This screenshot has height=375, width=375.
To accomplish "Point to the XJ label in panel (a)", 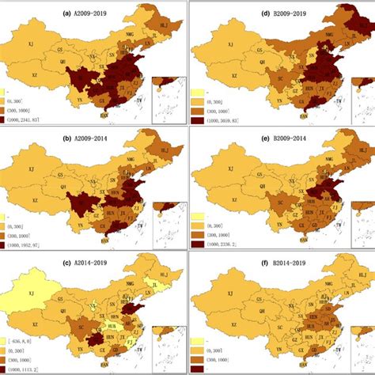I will tap(32, 44).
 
